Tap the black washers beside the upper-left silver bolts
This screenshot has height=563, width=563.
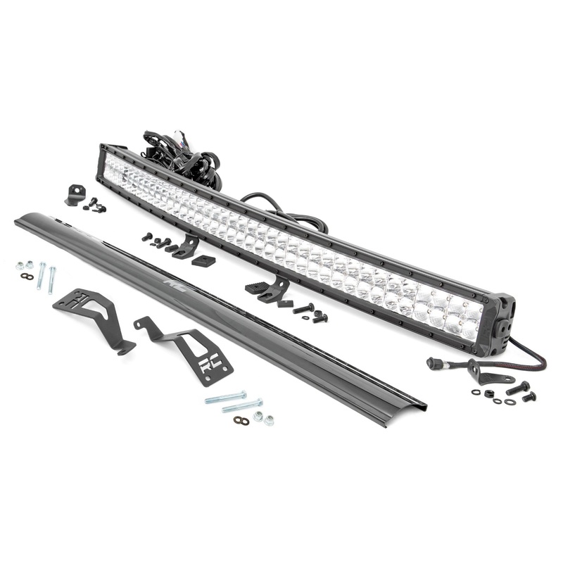point(27,277)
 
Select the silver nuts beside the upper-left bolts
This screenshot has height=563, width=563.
point(25,265)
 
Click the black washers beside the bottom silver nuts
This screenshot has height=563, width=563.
point(241,420)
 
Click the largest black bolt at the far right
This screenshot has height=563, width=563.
point(517,387)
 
